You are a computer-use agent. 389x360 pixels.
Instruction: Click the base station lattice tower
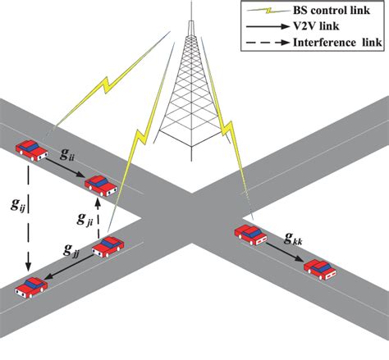[190, 90]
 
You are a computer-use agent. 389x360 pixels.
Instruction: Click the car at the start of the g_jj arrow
[110, 245]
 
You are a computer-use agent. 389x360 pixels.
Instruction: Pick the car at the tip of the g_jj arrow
[30, 287]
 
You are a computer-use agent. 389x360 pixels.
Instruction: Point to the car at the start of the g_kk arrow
[251, 234]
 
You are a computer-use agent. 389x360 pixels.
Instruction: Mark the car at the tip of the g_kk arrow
[320, 268]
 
